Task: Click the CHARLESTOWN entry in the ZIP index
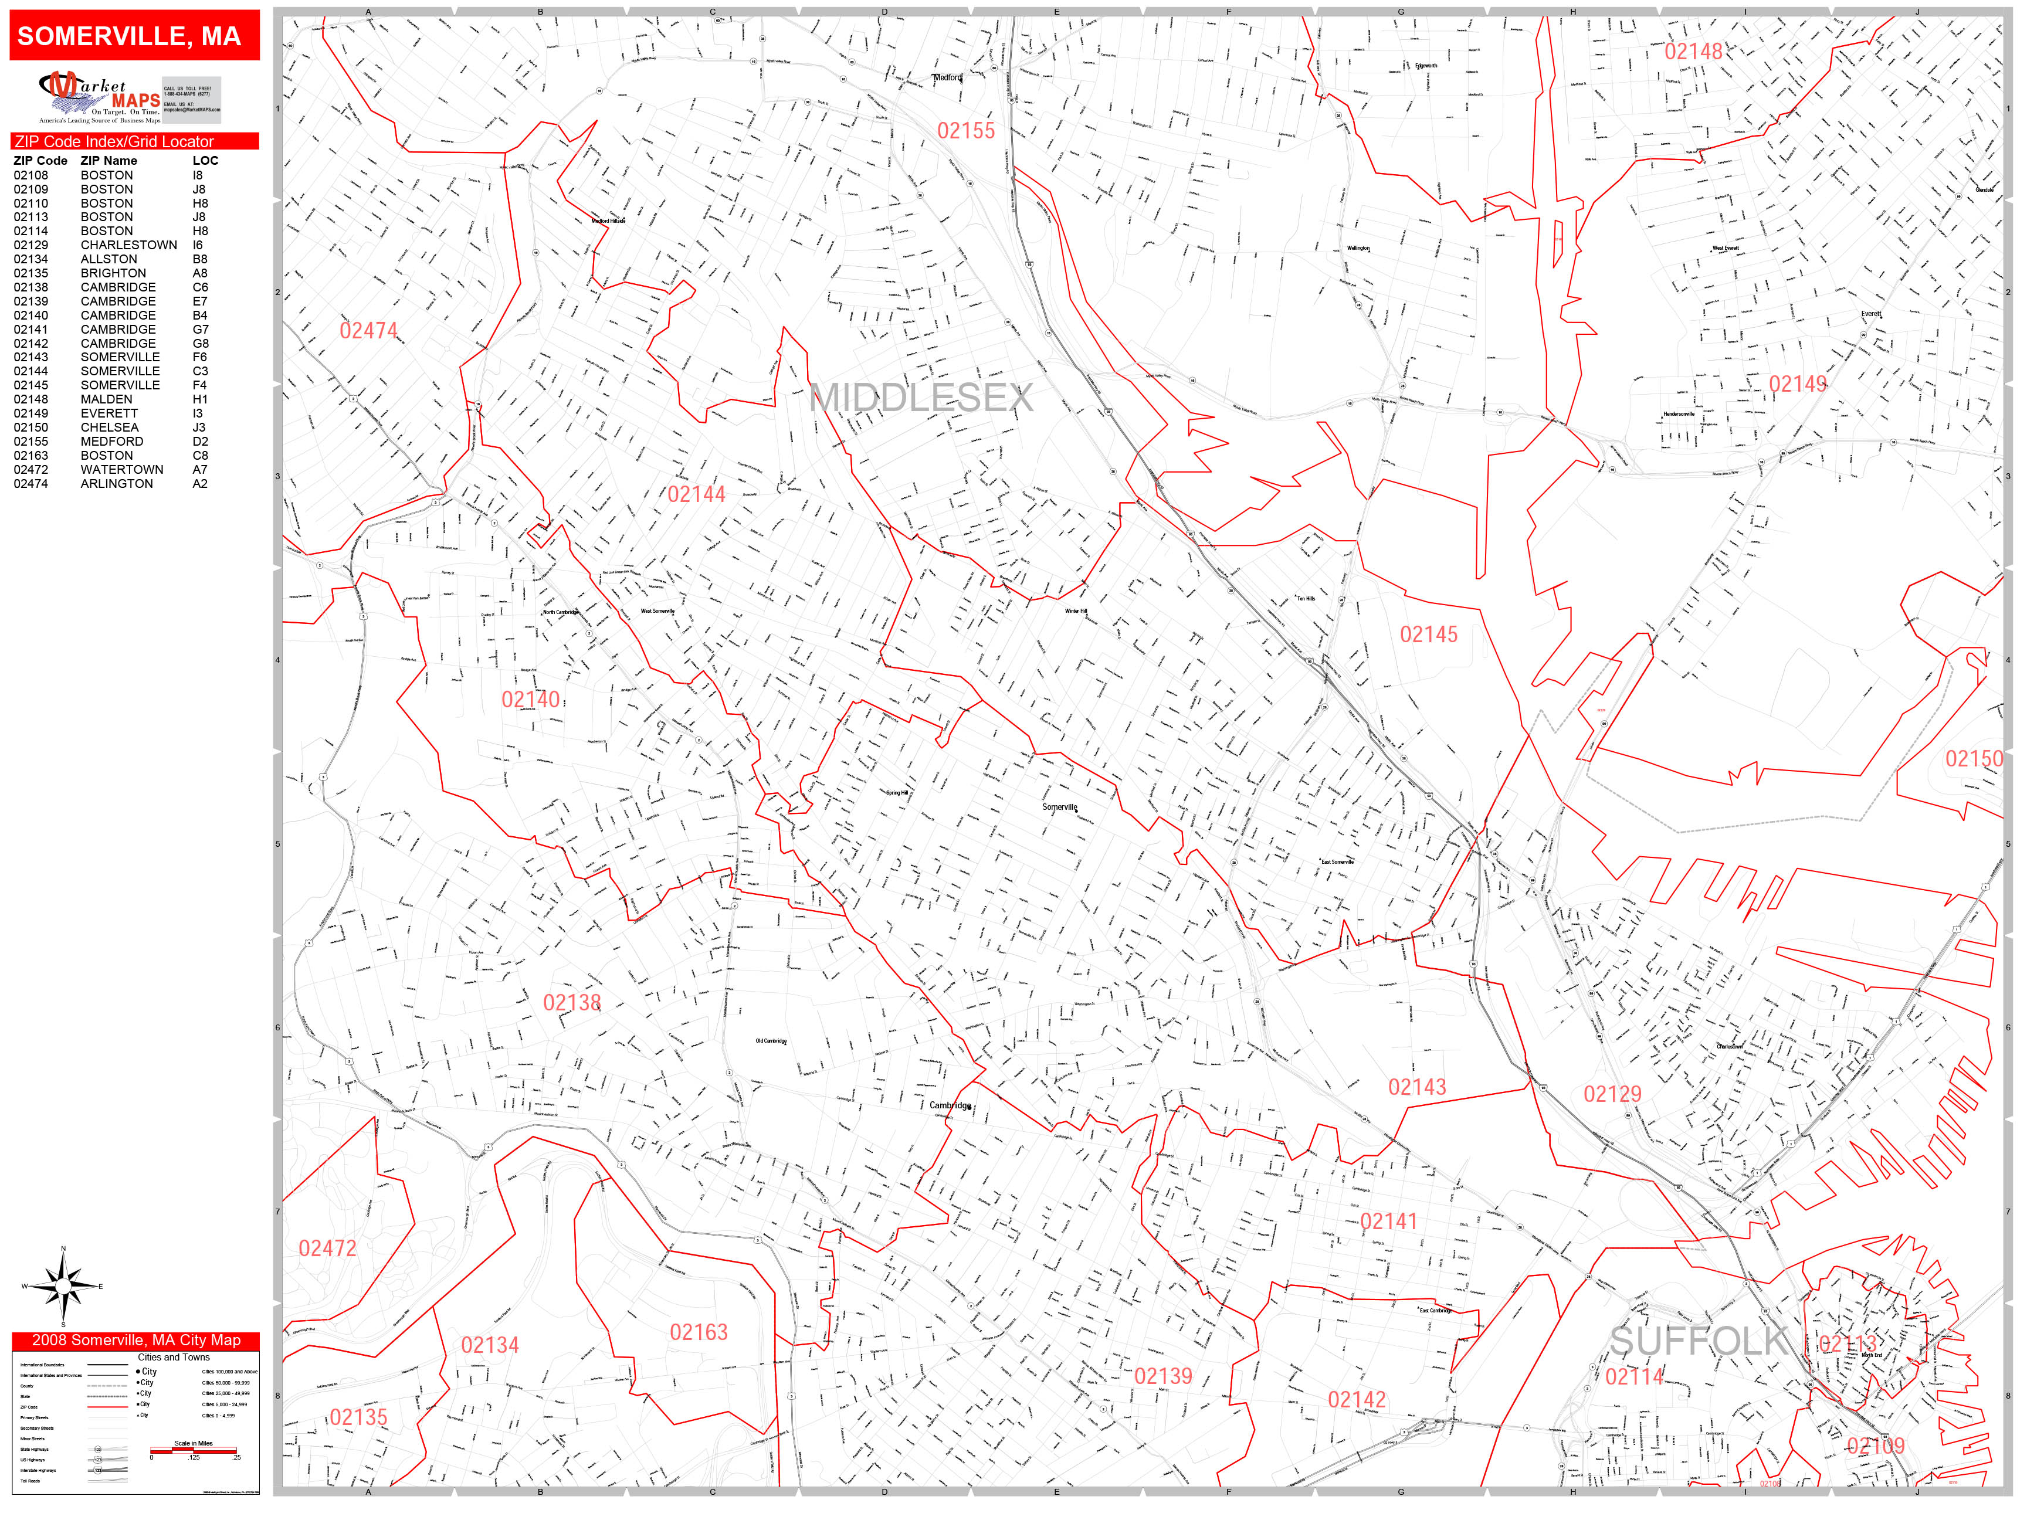(128, 245)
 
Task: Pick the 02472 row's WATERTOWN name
(122, 469)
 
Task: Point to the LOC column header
(205, 160)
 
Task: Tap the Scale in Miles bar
(194, 1450)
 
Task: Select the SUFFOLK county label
(1698, 1341)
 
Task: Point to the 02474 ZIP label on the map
(368, 331)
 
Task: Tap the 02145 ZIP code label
(1428, 634)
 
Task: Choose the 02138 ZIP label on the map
(572, 1002)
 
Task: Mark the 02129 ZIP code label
(1612, 1094)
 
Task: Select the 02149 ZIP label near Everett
(1797, 384)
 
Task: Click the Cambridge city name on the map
(950, 1105)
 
